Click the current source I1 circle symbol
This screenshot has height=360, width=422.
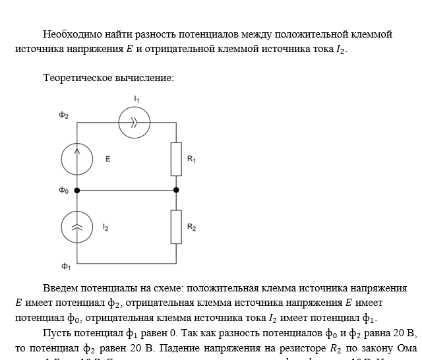(135, 122)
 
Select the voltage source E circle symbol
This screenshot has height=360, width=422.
(77, 158)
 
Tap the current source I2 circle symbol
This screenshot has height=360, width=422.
(77, 227)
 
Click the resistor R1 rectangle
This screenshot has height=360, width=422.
(176, 158)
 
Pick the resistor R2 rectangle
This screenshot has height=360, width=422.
(176, 227)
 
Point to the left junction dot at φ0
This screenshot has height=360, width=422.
(77, 191)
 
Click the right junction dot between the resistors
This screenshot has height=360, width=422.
(176, 191)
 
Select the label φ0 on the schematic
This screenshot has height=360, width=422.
(63, 191)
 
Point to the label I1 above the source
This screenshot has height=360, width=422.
(136, 99)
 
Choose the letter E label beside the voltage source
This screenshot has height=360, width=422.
(108, 159)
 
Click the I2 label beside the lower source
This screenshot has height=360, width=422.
(105, 227)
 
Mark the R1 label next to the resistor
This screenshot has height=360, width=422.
(191, 159)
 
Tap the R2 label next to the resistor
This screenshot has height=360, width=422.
(191, 227)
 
